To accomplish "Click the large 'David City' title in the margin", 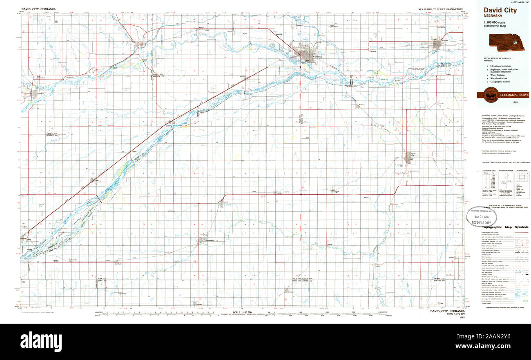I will click(500, 11).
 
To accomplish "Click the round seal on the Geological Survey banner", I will click(490, 95).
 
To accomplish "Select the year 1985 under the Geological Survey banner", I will click(503, 102).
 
